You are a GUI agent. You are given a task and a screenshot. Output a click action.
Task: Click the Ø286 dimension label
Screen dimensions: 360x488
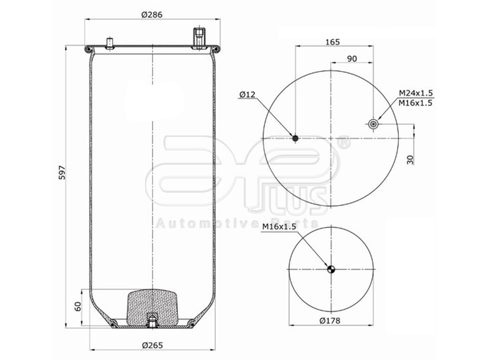pyautogui.click(x=152, y=14)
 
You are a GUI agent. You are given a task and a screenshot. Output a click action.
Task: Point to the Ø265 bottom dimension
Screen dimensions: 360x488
pyautogui.click(x=152, y=345)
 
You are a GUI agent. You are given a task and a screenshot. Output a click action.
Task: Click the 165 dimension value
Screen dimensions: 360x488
pyautogui.click(x=333, y=42)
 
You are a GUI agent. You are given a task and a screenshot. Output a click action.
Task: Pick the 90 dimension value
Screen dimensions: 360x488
pyautogui.click(x=352, y=59)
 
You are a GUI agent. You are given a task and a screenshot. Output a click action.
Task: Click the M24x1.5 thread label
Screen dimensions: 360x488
pyautogui.click(x=416, y=93)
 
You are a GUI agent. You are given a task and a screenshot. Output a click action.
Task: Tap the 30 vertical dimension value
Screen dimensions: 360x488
pyautogui.click(x=410, y=159)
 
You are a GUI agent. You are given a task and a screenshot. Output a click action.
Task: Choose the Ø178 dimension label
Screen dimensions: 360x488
pyautogui.click(x=331, y=320)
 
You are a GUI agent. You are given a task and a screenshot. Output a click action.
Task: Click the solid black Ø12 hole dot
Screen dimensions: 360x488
pyautogui.click(x=295, y=138)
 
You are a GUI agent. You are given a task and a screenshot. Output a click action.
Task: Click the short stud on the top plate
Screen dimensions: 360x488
pyautogui.click(x=110, y=43)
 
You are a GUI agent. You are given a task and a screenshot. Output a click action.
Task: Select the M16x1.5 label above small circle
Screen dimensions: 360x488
pyautogui.click(x=279, y=227)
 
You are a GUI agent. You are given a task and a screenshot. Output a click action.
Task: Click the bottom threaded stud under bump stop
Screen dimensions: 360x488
pyautogui.click(x=152, y=322)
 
